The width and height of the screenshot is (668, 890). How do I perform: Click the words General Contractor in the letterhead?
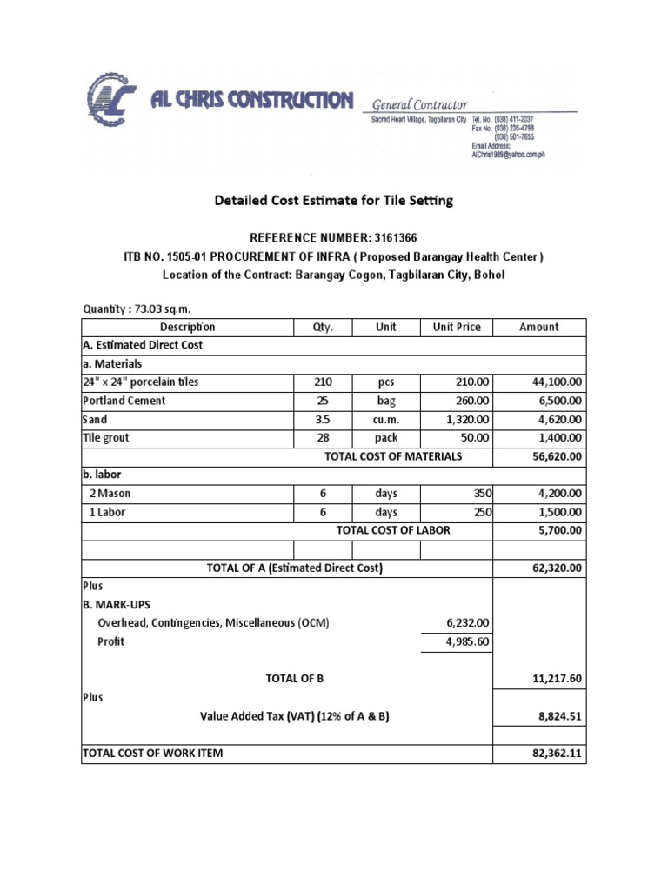point(420,104)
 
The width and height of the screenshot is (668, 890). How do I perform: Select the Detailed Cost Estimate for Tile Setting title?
point(334,201)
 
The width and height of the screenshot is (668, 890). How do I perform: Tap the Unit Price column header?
point(457,328)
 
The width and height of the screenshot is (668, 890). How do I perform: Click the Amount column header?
point(538,328)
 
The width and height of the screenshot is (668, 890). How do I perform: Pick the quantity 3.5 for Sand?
point(323,420)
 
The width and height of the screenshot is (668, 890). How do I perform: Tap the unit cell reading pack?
point(386,438)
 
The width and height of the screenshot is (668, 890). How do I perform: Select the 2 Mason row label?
point(108,494)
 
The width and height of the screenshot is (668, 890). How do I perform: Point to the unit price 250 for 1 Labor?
point(483,512)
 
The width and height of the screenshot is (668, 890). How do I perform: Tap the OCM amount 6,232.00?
point(468,623)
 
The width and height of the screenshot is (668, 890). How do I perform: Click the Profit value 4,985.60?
point(468,642)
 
